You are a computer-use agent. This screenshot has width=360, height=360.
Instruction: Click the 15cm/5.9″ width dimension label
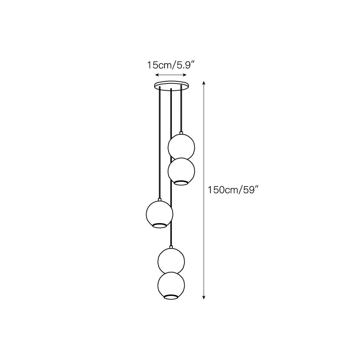pos(171,65)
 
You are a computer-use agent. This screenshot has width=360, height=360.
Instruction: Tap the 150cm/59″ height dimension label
pos(233,190)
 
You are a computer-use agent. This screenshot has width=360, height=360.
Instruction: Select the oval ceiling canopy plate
pos(172,85)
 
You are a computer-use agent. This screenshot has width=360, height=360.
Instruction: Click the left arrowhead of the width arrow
pos(157,75)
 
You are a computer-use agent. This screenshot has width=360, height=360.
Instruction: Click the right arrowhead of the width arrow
pos(184,75)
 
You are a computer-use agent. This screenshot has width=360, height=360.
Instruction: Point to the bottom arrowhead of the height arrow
pos(203,297)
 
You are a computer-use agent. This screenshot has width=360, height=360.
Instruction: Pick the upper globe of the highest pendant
pos(181,147)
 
